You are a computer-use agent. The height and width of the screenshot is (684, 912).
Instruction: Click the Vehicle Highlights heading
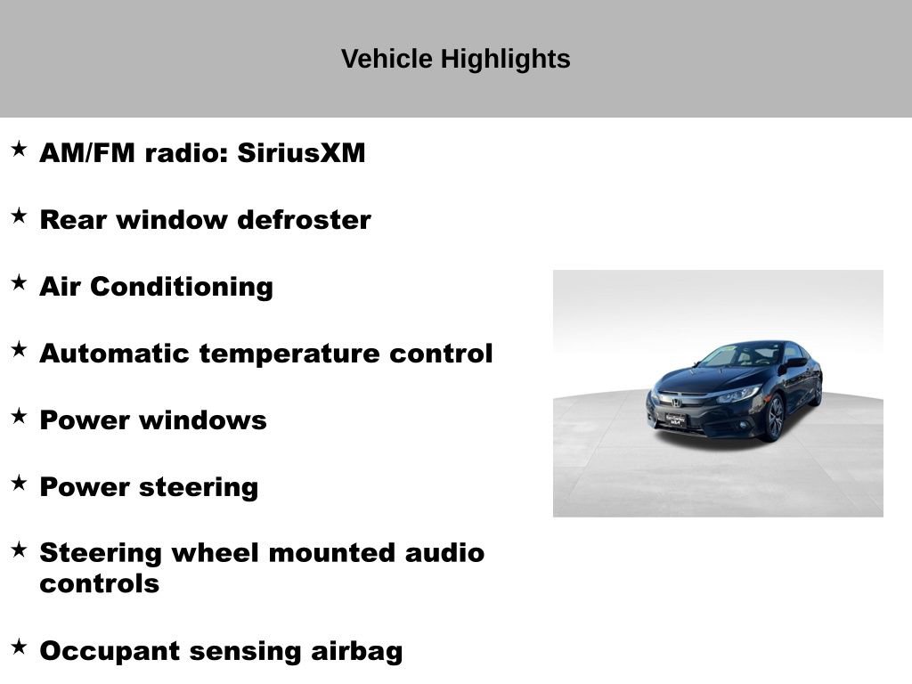coord(455,60)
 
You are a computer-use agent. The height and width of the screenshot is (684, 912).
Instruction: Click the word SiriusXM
coord(302,153)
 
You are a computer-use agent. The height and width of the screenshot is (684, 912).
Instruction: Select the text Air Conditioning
coord(156,287)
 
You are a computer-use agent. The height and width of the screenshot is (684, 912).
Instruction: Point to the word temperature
coord(290,354)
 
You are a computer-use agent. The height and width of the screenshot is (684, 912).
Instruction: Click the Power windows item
coord(153,420)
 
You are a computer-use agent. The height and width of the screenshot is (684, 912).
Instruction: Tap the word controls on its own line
coord(99,584)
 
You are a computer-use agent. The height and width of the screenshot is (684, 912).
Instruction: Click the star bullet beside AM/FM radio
coord(19,150)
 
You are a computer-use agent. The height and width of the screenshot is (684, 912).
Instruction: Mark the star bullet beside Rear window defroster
coord(19,216)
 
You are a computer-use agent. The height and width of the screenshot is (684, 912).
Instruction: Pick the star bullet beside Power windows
coord(19,416)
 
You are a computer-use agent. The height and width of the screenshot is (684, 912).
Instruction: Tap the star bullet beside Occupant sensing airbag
coord(19,647)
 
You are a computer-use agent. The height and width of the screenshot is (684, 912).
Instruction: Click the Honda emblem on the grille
coord(676,402)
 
